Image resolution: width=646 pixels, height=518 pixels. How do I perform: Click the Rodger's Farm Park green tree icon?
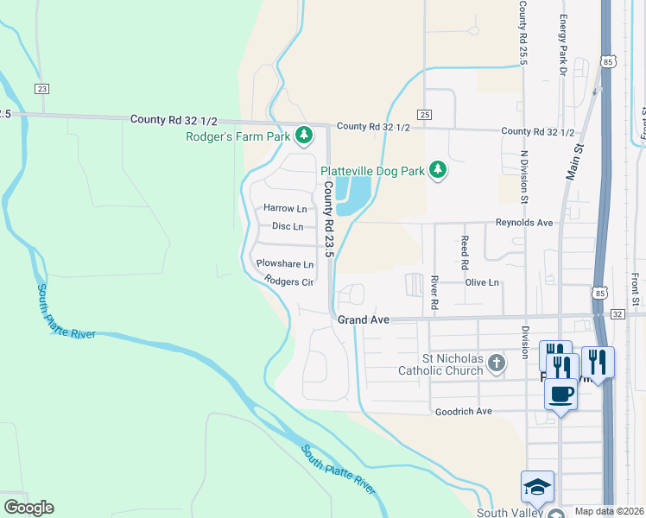(303, 135)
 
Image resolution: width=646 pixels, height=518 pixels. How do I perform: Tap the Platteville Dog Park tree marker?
(438, 170)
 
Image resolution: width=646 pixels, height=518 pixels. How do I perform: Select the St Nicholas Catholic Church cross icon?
(496, 363)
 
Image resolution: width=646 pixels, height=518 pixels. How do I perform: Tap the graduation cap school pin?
(537, 487)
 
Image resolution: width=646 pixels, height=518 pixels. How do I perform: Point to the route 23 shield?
(41, 88)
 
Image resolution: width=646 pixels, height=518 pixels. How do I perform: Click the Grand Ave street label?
(364, 319)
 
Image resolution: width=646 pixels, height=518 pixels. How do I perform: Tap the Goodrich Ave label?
(463, 412)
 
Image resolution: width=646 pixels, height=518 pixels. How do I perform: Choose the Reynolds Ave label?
(523, 222)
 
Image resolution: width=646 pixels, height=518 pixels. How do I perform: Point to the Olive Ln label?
(483, 282)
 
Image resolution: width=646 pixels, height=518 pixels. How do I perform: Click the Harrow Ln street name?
(285, 209)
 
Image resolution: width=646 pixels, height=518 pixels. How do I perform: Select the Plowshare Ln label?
(284, 264)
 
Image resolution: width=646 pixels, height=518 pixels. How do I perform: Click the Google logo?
(28, 508)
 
